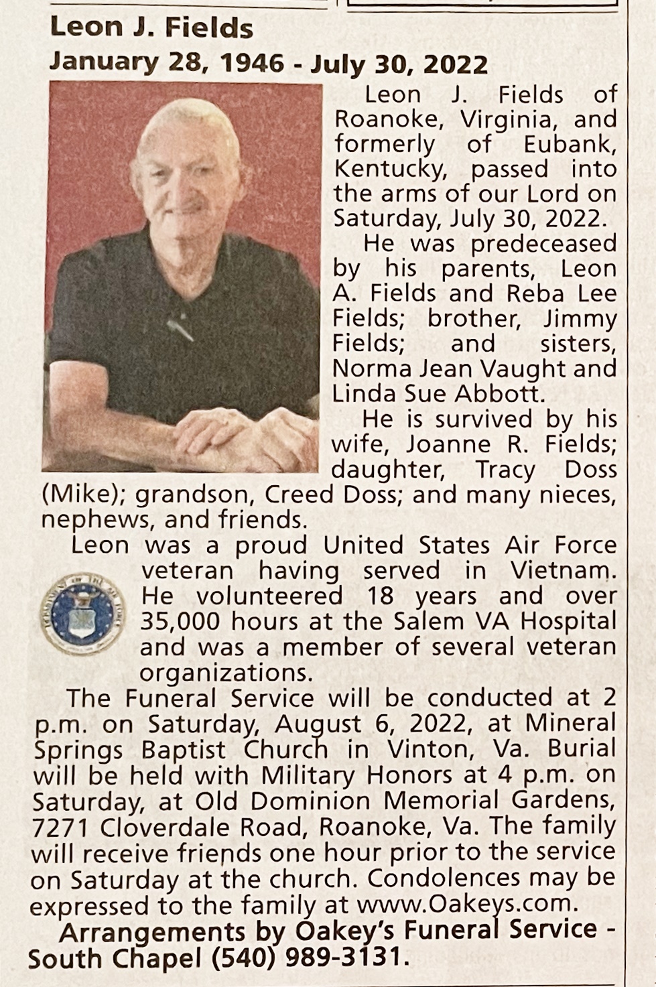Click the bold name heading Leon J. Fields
151,28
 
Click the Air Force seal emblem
81,614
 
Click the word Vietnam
562,571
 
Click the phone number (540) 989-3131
308,958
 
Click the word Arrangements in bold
151,931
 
